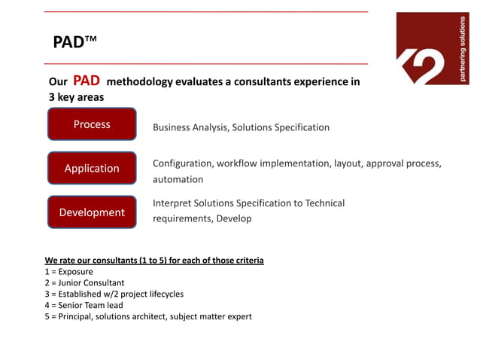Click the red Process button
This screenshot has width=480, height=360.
92,124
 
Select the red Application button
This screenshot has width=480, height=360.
92,168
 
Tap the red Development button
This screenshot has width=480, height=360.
92,212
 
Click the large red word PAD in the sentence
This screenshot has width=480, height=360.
87,81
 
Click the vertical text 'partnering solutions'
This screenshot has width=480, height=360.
463,49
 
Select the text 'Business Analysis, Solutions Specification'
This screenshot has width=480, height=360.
241,127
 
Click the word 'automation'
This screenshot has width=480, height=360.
178,179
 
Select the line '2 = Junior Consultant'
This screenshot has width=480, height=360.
84,282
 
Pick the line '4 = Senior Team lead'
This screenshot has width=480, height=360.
83,305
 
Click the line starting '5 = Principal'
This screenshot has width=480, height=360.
148,316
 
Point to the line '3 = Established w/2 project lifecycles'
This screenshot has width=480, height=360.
114,294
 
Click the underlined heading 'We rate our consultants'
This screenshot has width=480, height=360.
154,261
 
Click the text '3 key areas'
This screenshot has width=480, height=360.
76,97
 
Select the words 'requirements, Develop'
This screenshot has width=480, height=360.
202,218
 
